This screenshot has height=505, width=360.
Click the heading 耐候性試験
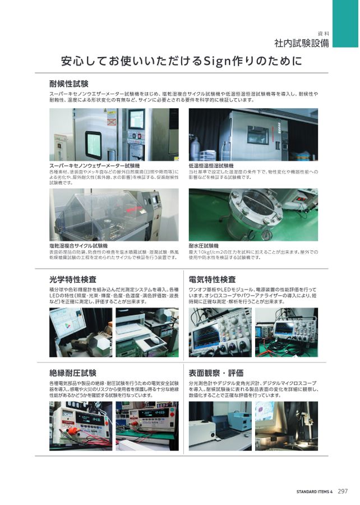69,84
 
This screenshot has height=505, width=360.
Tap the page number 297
343,492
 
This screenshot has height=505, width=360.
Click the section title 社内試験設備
301,43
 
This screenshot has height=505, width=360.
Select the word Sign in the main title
221,61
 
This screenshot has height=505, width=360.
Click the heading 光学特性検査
73,279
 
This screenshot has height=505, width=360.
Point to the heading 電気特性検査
213,279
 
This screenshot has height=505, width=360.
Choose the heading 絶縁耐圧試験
73,373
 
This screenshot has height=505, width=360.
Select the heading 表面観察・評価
216,373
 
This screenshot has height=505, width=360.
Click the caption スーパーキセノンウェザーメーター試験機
94,166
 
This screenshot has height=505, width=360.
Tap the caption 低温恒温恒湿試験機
211,166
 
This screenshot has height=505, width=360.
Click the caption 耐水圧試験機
204,246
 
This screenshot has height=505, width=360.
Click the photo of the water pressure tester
253,214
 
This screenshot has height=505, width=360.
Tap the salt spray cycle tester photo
114,214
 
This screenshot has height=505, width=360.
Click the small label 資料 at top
323,33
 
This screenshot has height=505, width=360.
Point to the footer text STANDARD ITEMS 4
315,492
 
